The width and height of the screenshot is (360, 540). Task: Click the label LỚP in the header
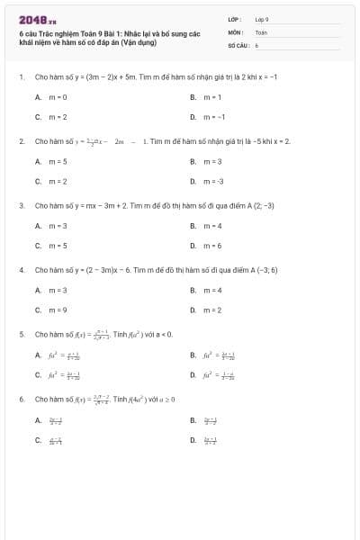click(x=235, y=19)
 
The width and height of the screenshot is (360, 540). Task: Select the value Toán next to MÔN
click(x=261, y=31)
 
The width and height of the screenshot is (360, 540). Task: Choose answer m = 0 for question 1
click(x=58, y=96)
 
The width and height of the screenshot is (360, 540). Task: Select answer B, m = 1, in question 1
click(x=212, y=96)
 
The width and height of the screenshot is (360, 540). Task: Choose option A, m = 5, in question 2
click(x=58, y=161)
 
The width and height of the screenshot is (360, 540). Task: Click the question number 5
click(x=21, y=334)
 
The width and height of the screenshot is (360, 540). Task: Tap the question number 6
click(x=21, y=398)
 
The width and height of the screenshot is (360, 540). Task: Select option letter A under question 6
click(x=38, y=419)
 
